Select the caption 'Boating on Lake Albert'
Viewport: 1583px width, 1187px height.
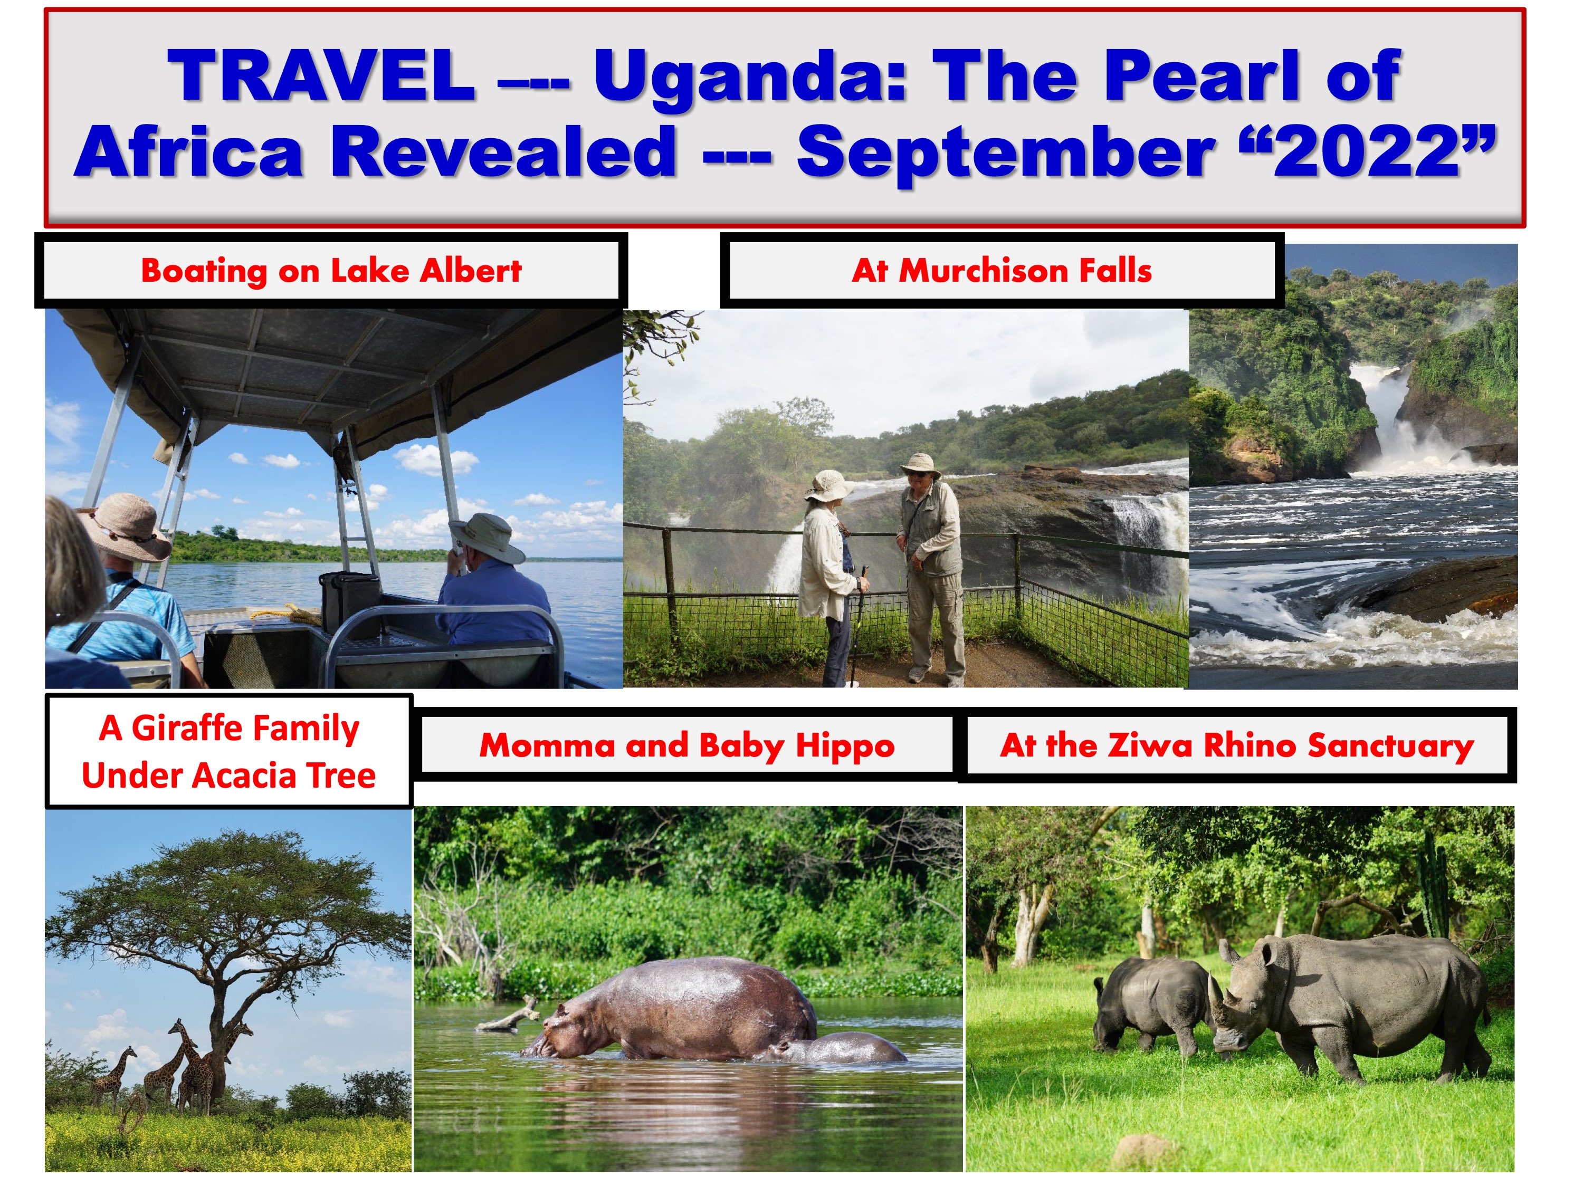[x=331, y=271]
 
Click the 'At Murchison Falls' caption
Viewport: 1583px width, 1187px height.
[x=1002, y=271]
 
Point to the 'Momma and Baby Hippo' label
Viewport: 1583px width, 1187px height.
[x=687, y=745]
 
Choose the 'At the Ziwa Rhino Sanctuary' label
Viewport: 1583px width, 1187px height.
[x=1237, y=745]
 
